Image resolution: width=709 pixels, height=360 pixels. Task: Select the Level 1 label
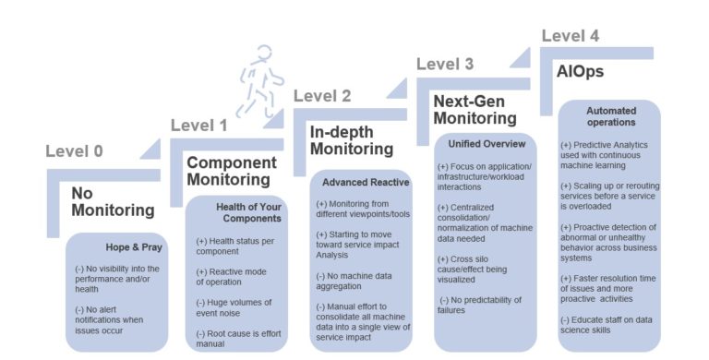click(198, 126)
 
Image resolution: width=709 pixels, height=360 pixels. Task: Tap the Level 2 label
click(322, 96)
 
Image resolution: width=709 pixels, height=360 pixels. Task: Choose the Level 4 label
click(570, 36)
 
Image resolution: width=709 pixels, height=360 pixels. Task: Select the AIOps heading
click(580, 71)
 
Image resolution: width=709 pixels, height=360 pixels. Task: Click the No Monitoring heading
click(113, 201)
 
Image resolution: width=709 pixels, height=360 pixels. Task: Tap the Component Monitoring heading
click(228, 171)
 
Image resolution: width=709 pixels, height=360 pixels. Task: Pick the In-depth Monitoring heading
click(351, 139)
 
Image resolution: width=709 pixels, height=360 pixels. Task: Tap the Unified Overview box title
click(487, 144)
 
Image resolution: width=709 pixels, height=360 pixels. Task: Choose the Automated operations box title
click(610, 116)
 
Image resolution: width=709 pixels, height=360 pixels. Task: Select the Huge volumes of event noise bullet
click(235, 307)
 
